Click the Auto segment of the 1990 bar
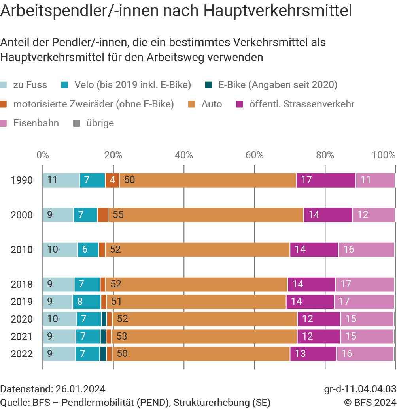click(x=208, y=180)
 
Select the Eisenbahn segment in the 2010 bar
click(x=366, y=250)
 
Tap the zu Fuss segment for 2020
click(x=59, y=319)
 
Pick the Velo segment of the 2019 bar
click(x=87, y=302)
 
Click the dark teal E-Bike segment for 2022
click(x=103, y=354)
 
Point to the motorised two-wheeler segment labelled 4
click(x=112, y=180)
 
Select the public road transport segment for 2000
click(x=328, y=215)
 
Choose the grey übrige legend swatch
click(x=77, y=124)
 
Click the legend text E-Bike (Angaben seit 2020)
click(x=278, y=85)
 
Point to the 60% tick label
click(x=254, y=155)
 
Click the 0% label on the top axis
click(x=43, y=155)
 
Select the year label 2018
click(x=22, y=284)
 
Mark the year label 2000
click(x=22, y=215)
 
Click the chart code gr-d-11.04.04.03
click(x=360, y=389)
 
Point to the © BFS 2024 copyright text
click(x=370, y=403)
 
